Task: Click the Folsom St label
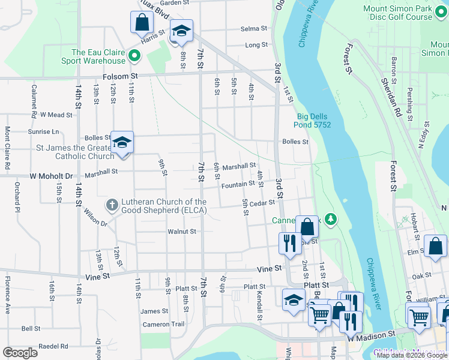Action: [121, 76]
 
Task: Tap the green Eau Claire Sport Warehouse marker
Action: [134, 57]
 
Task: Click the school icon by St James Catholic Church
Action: [122, 143]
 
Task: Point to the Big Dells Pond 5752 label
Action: [314, 121]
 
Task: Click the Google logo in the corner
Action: [20, 352]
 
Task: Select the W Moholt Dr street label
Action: [51, 176]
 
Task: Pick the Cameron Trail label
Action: [163, 325]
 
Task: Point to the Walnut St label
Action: [182, 231]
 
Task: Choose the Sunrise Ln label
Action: [44, 131]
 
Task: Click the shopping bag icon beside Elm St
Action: [435, 246]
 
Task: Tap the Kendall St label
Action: [260, 306]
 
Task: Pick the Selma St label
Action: [253, 28]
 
